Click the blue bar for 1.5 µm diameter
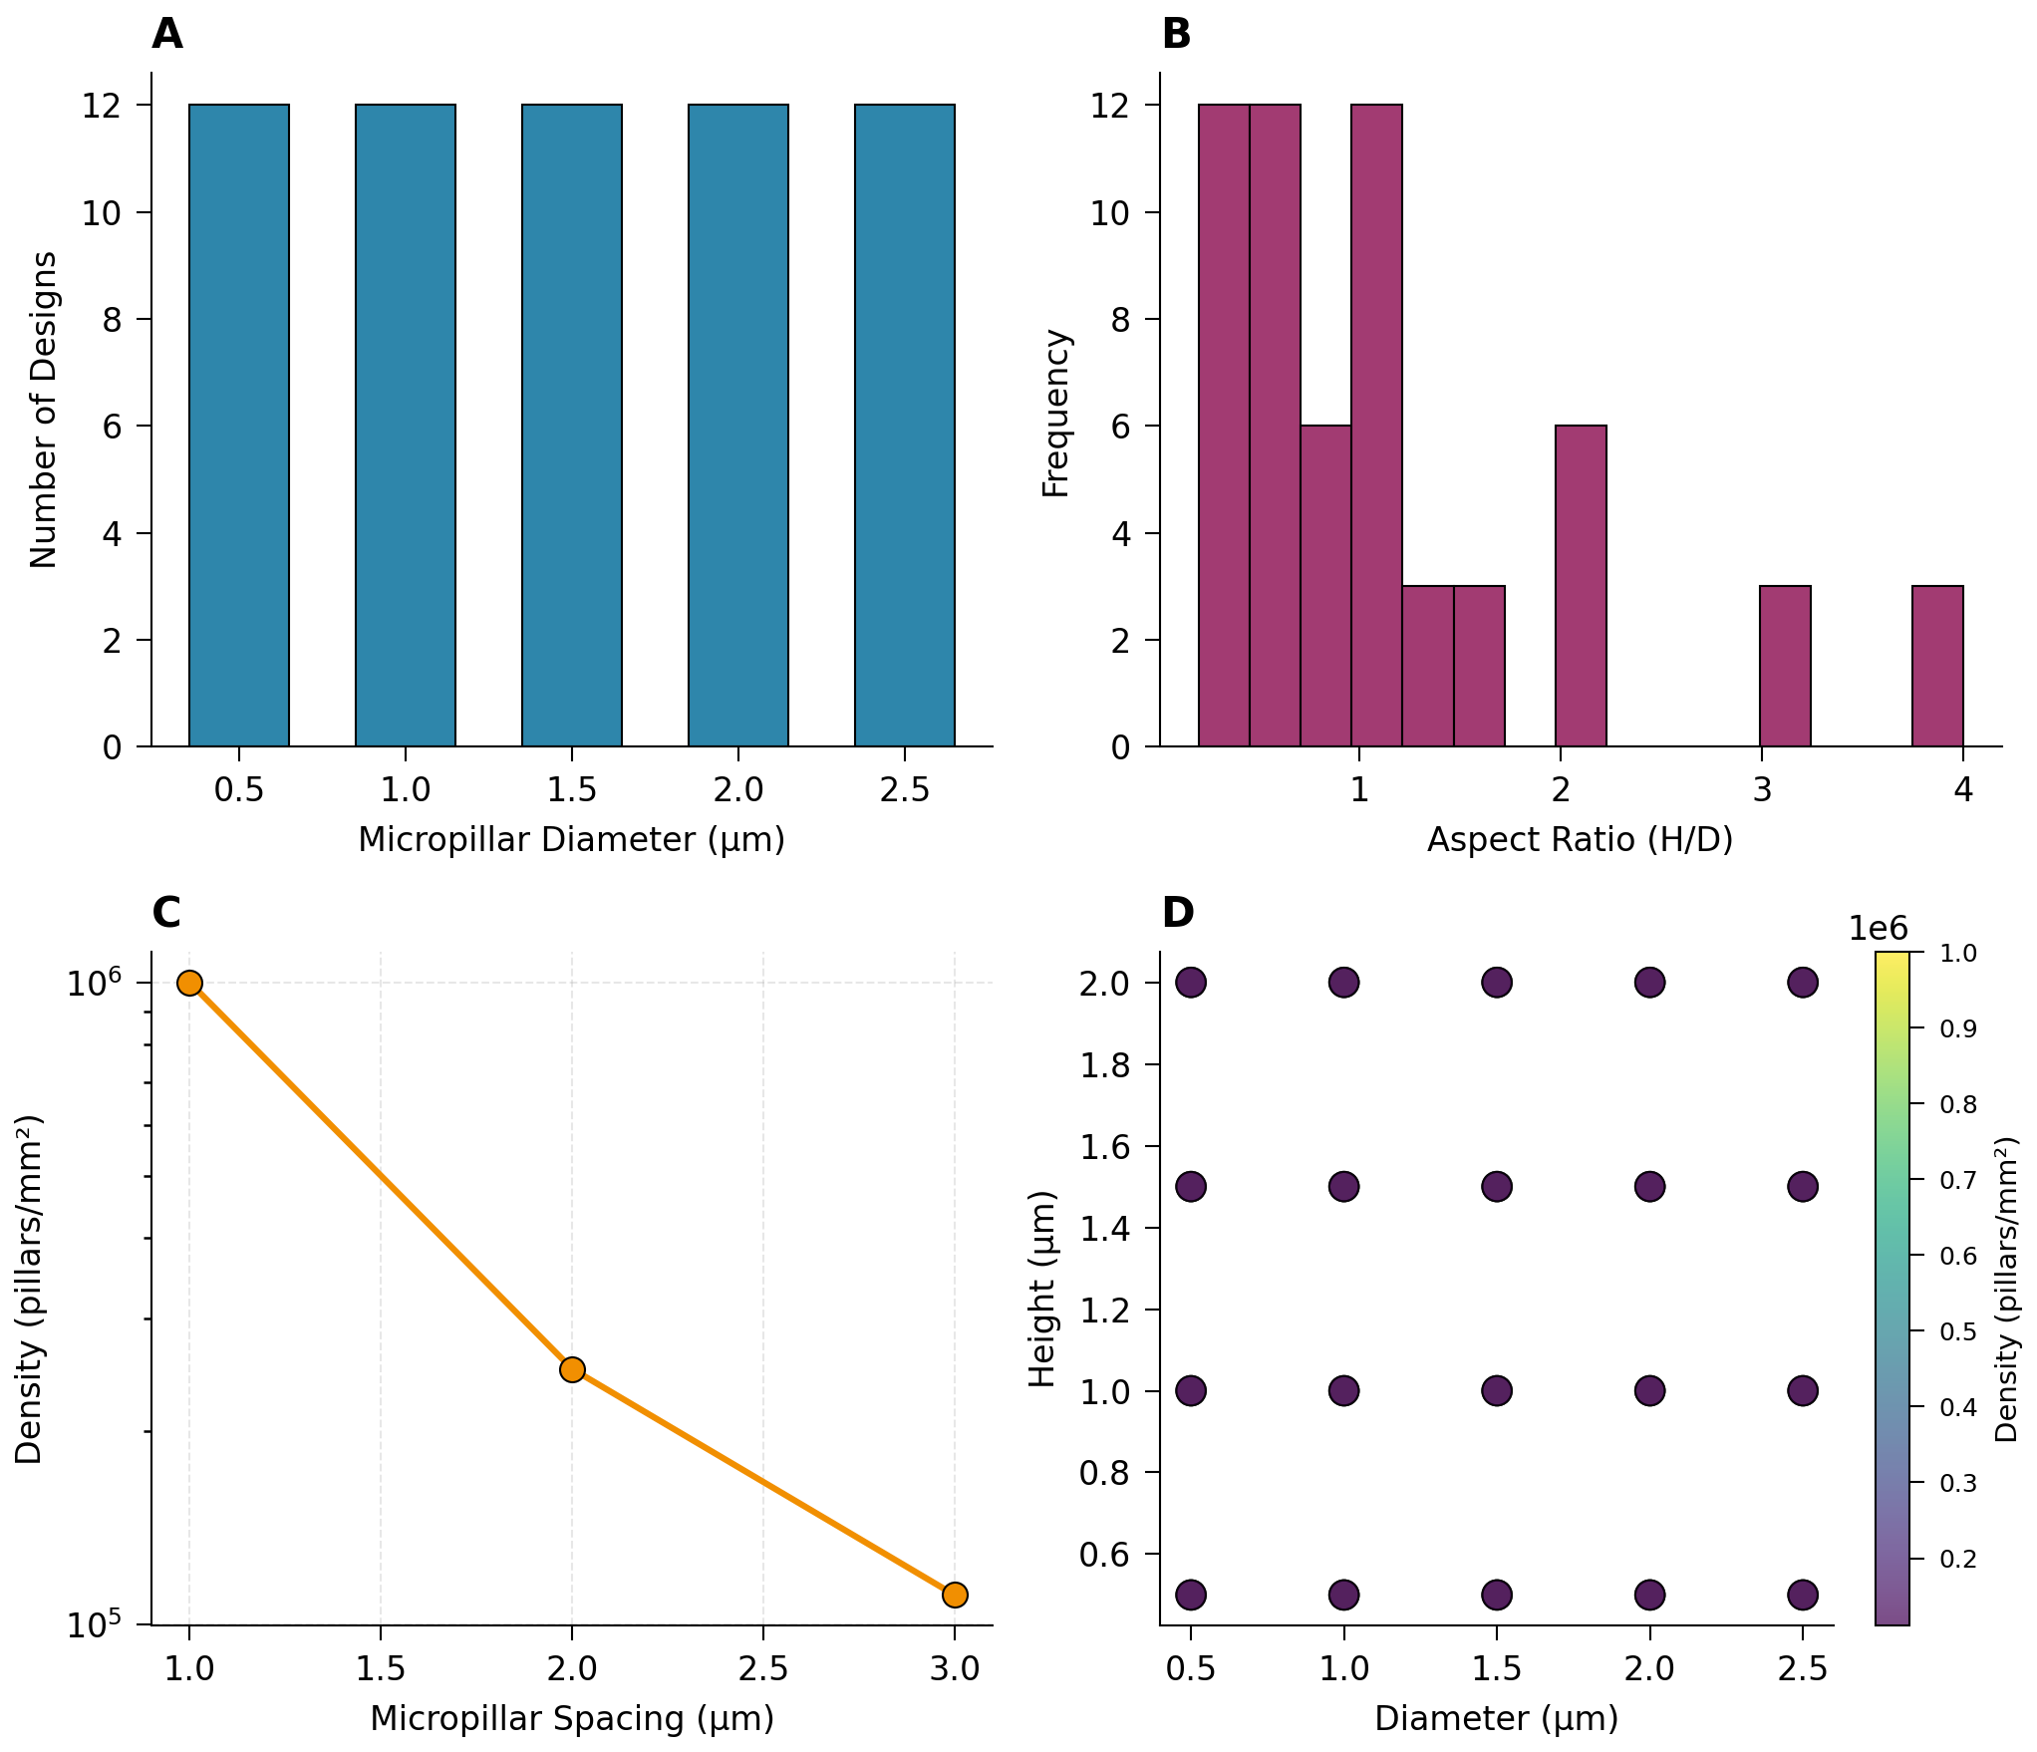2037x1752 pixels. click(572, 426)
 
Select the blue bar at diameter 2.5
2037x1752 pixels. click(905, 426)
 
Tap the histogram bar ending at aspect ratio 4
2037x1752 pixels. click(1937, 666)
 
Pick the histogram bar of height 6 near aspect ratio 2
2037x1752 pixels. click(1581, 586)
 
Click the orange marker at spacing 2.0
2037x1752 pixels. click(572, 1369)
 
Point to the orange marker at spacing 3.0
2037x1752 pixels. click(955, 1595)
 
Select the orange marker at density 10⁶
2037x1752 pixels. click(189, 984)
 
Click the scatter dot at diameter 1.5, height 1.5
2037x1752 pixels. click(1497, 1187)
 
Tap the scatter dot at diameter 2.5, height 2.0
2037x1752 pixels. click(1803, 983)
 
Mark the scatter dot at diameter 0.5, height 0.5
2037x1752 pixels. click(1191, 1595)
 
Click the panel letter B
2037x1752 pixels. click(1176, 35)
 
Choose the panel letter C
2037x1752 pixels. click(166, 913)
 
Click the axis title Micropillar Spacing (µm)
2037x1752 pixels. click(572, 1718)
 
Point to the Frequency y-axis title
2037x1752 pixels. click(1055, 413)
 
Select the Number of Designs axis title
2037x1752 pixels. click(44, 410)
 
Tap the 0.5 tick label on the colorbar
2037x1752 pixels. click(1958, 1331)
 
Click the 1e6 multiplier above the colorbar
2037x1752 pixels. click(1878, 929)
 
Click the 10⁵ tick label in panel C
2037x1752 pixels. click(94, 1625)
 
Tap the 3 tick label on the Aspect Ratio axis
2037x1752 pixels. click(1762, 790)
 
